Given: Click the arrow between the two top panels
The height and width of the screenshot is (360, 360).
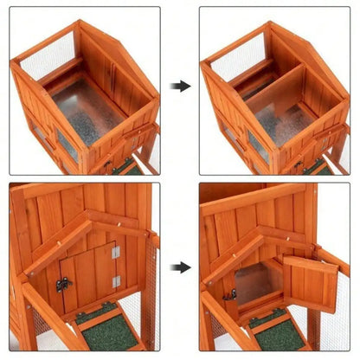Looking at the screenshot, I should (x=180, y=87).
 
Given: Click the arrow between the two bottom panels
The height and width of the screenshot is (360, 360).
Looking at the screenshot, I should (x=180, y=267).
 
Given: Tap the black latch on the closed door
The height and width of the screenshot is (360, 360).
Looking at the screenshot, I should (x=63, y=284).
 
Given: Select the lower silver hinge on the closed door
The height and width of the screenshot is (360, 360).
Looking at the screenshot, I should (x=116, y=281).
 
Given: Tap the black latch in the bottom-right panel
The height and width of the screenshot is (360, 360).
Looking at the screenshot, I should (x=231, y=295).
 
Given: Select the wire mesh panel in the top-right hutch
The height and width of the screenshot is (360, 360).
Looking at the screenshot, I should (x=234, y=60).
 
